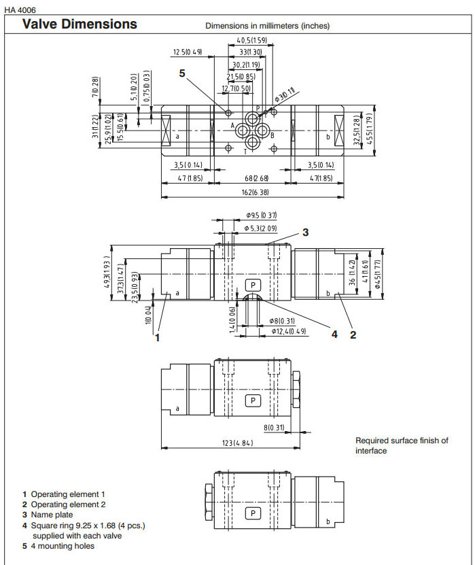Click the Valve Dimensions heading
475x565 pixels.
point(80,24)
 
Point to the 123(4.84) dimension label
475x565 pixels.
point(233,443)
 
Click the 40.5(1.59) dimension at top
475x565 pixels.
point(251,40)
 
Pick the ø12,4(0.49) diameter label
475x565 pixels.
point(289,331)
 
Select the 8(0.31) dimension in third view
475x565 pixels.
point(275,428)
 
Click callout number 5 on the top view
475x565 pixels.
point(182,73)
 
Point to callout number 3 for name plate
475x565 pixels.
point(306,233)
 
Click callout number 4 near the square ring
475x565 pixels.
point(334,334)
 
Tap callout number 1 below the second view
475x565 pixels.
point(157,336)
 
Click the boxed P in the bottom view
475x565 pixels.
point(253,513)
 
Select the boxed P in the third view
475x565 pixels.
point(253,400)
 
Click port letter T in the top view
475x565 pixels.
point(245,151)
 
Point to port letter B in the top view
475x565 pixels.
point(272,136)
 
